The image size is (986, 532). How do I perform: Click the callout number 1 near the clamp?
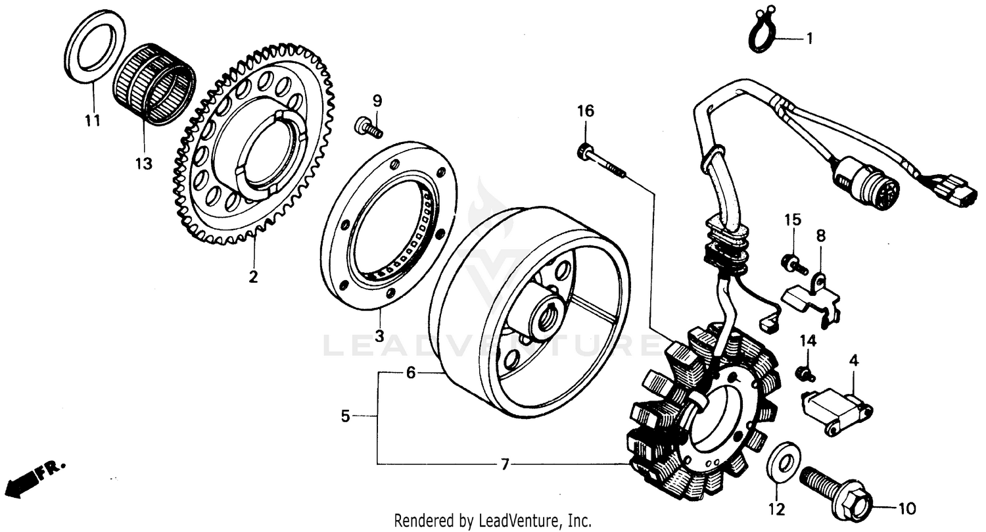[x=810, y=39]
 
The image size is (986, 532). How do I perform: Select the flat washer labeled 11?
[x=96, y=47]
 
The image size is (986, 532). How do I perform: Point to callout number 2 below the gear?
[x=253, y=276]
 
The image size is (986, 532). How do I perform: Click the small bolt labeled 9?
[x=369, y=128]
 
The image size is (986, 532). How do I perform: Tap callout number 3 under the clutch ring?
[x=379, y=335]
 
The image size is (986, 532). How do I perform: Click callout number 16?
[x=586, y=111]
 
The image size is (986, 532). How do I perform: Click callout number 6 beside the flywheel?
[x=411, y=373]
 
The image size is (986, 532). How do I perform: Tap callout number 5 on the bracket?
[x=345, y=416]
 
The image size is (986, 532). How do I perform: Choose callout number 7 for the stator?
[x=504, y=465]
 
